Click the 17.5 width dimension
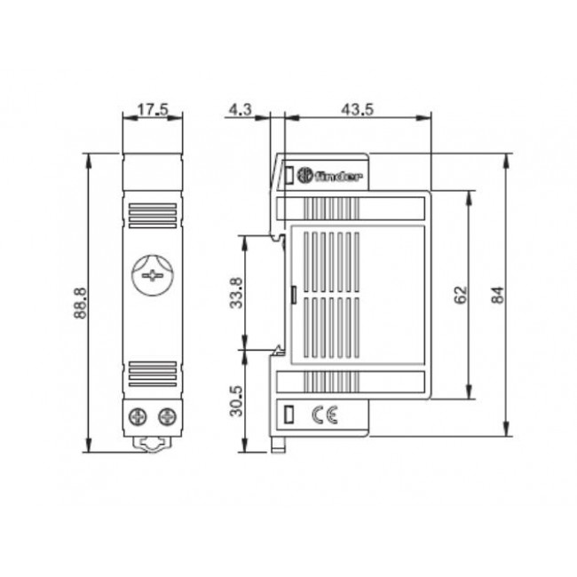coord(153,110)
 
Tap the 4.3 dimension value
coord(241,110)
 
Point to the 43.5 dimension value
coord(355,110)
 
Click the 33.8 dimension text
coord(236,292)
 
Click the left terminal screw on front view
coord(139,415)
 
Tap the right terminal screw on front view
coord(165,415)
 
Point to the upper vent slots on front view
coord(152,216)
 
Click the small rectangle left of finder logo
coord(289,176)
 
